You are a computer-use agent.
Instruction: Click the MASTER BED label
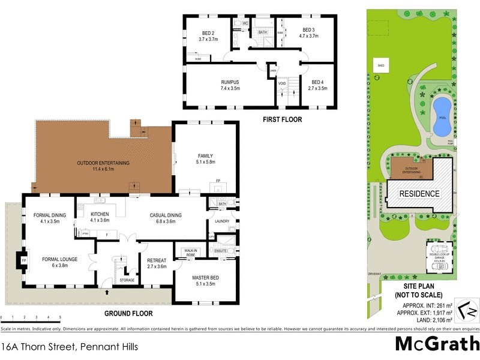coord(205,277)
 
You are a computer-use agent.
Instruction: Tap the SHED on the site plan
coord(380,65)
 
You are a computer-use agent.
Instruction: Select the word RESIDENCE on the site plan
coord(419,194)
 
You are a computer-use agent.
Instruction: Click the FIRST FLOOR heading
coord(282,119)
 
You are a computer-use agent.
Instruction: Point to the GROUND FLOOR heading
coord(128,313)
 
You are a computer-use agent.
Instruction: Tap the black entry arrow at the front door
coord(107,293)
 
